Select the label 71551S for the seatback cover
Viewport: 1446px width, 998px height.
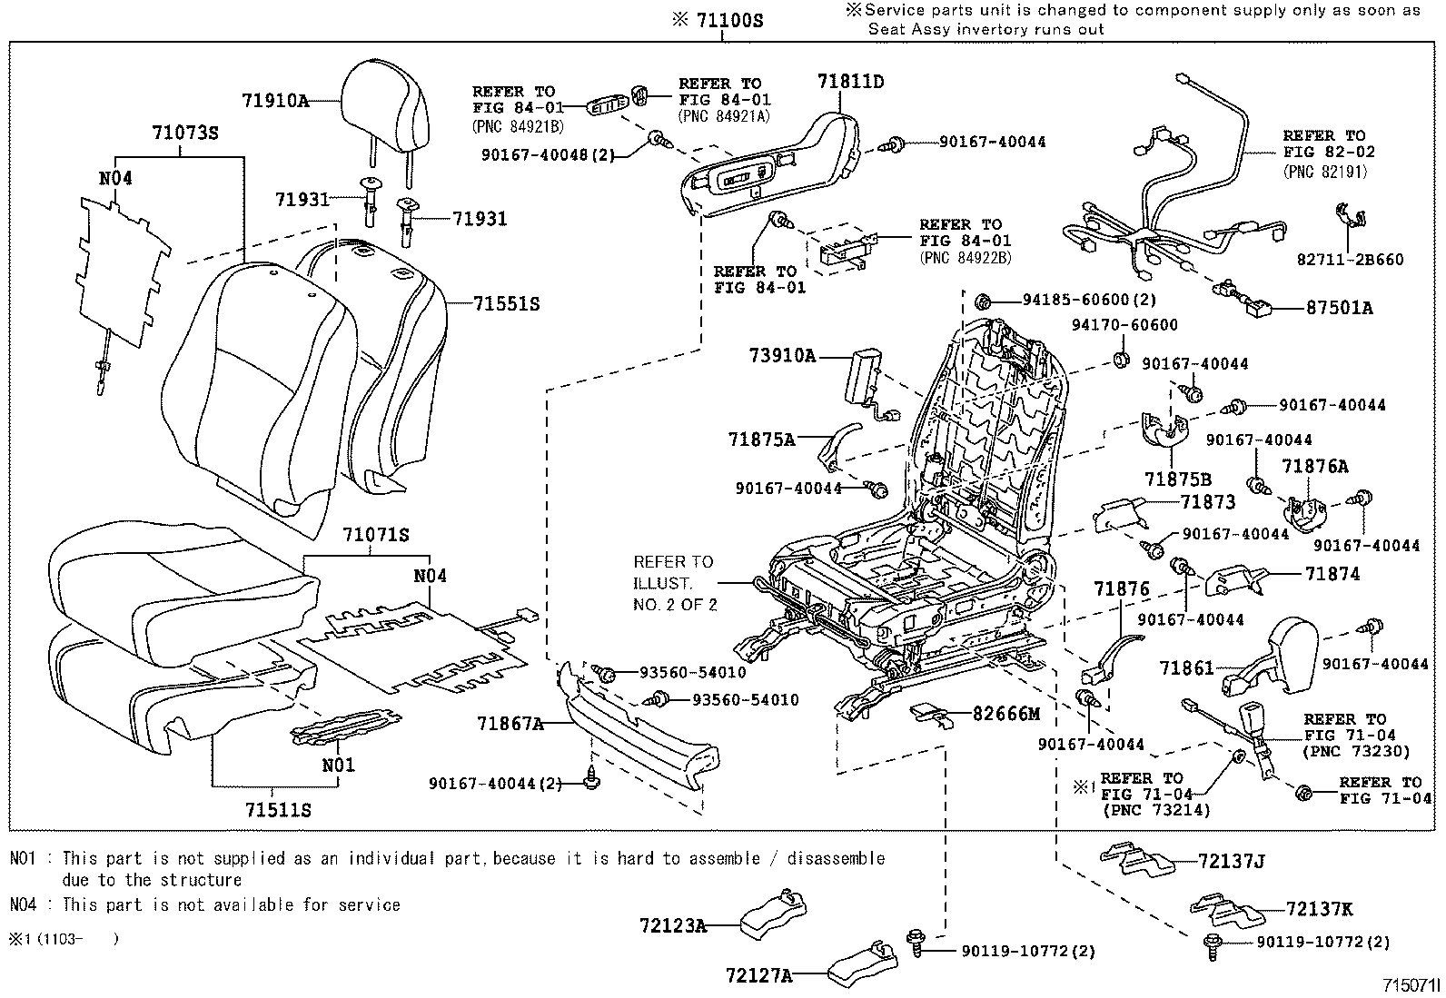(x=505, y=304)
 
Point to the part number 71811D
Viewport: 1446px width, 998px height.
(x=850, y=82)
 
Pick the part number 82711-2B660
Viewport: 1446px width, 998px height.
(x=1348, y=260)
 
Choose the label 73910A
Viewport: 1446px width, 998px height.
(x=782, y=355)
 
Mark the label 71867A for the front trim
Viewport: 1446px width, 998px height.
(x=510, y=724)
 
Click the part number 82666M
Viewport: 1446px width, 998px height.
(x=1005, y=714)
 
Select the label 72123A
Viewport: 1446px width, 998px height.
(x=672, y=925)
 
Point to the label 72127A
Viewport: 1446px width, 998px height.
(x=758, y=975)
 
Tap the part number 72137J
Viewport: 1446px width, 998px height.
(x=1231, y=861)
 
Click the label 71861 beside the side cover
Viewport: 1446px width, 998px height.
(x=1186, y=668)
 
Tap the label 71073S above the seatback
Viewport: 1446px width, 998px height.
(x=184, y=133)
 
